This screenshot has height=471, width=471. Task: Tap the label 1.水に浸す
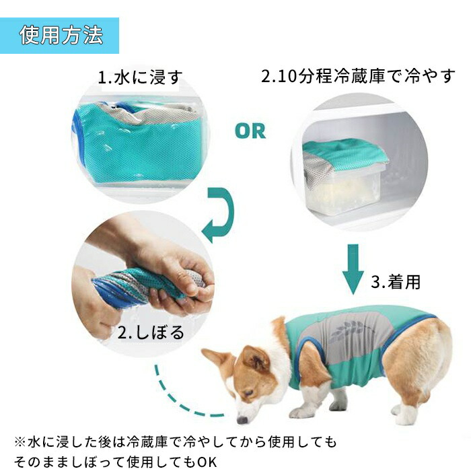(140, 77)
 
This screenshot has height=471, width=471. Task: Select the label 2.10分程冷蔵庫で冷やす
(358, 75)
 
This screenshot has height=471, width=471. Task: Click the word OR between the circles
(250, 131)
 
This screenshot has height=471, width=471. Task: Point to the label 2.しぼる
(151, 332)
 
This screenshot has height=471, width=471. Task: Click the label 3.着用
(396, 282)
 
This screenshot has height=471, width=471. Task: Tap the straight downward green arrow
(352, 268)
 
